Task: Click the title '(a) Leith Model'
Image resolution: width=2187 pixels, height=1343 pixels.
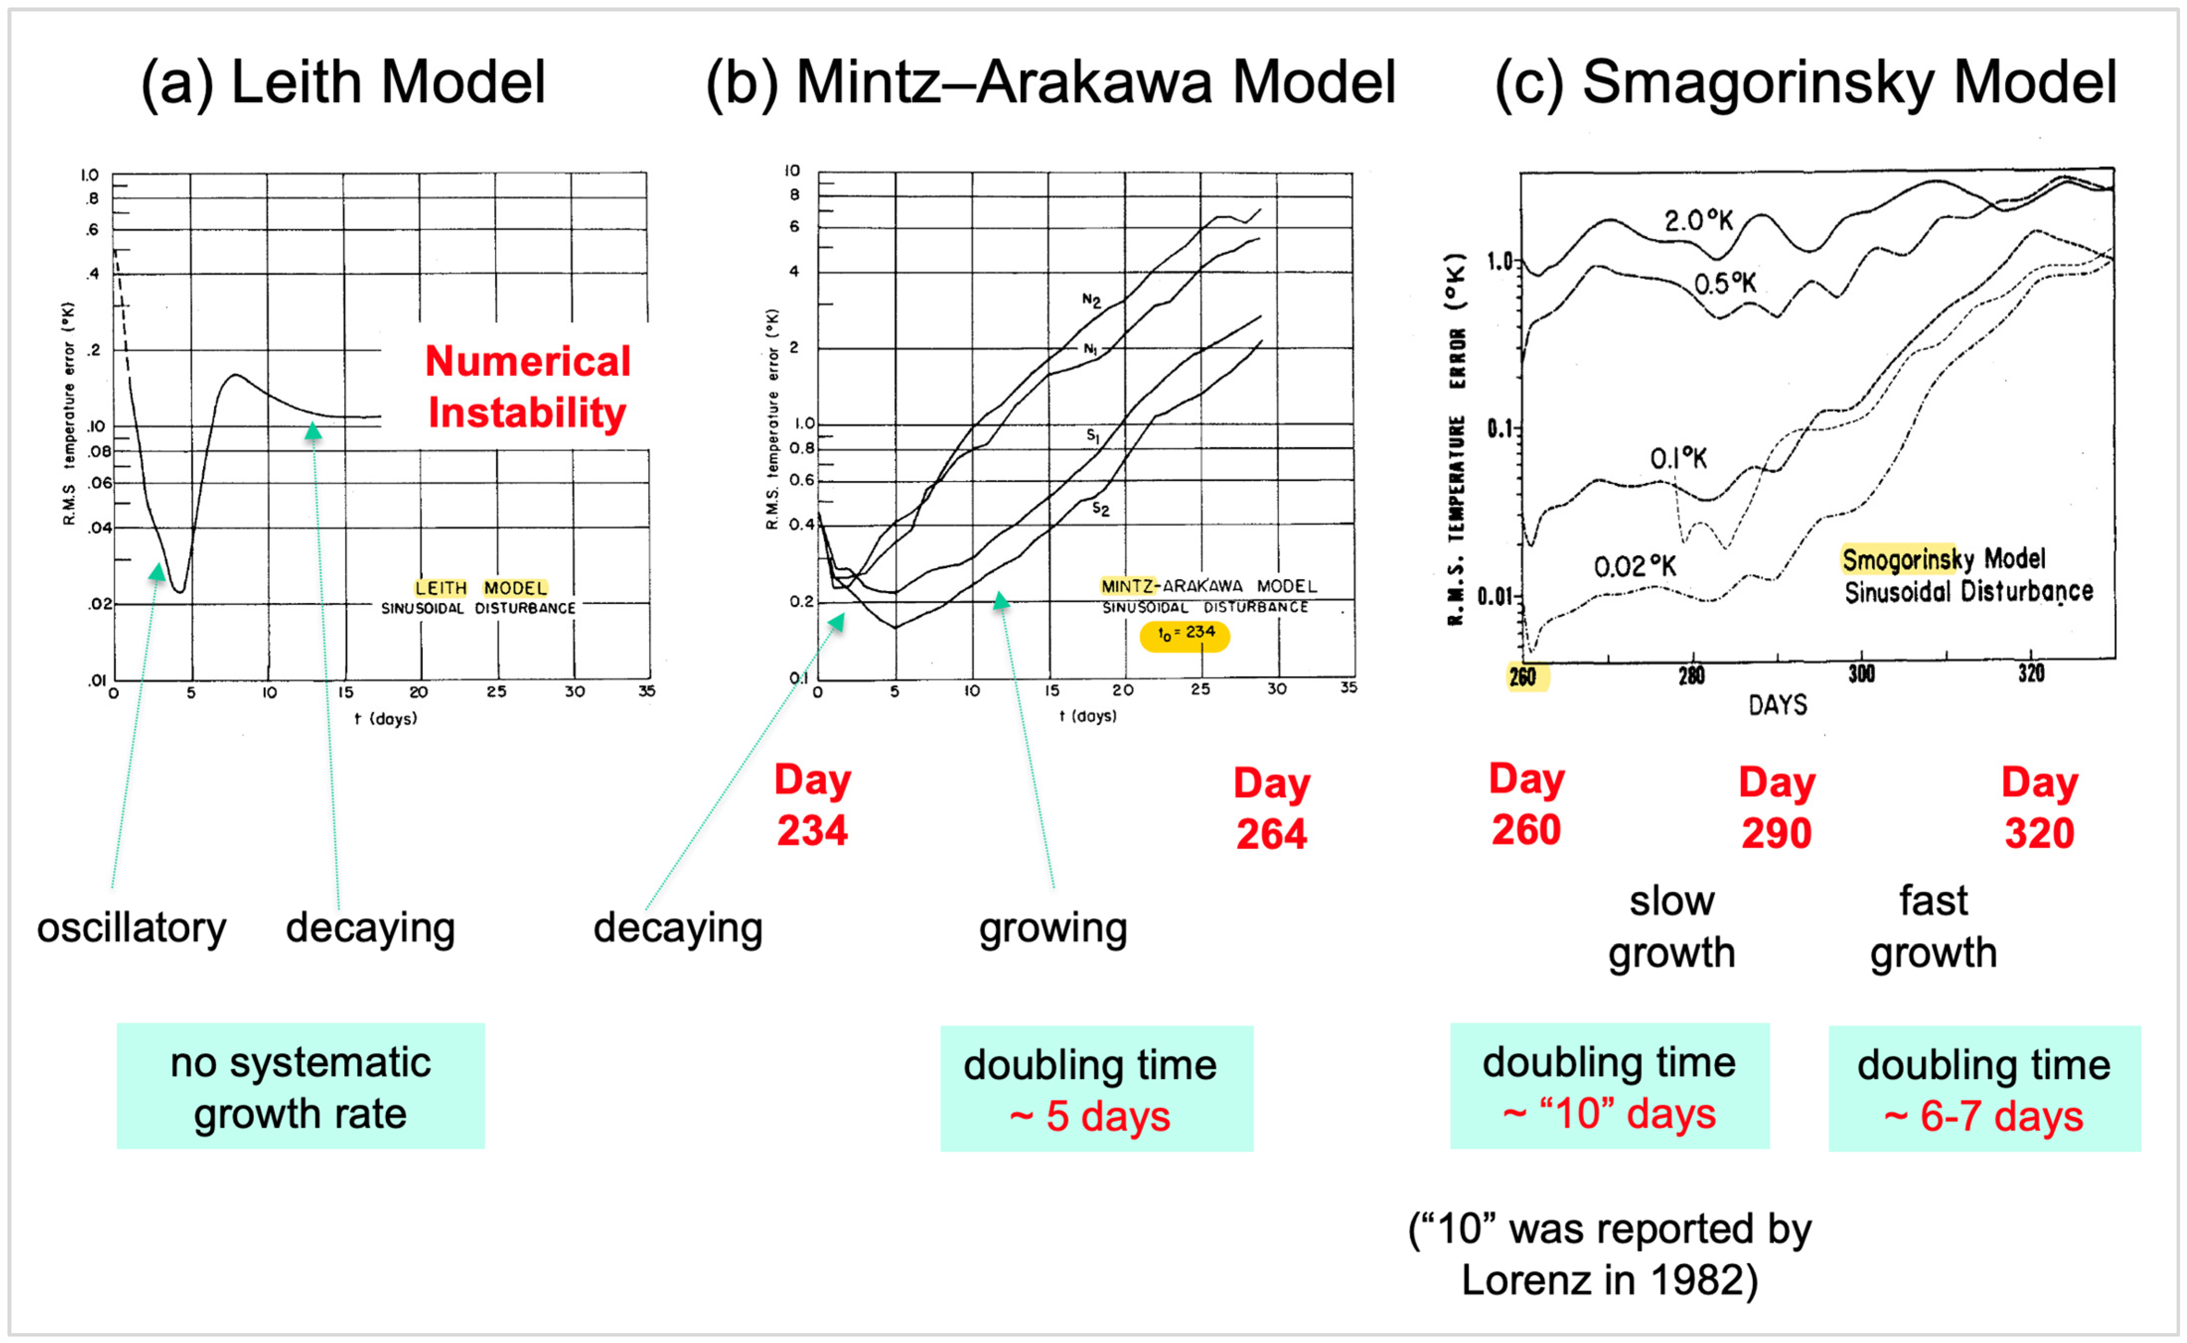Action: (343, 82)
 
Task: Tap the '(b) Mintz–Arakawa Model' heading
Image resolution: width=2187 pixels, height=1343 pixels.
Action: (1050, 82)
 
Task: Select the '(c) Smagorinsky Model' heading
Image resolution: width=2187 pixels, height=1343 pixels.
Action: (1805, 82)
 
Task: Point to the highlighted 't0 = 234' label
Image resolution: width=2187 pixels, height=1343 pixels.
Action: (1184, 634)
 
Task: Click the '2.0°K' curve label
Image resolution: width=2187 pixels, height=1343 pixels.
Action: (1697, 220)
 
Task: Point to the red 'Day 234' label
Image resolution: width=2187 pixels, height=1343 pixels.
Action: (812, 805)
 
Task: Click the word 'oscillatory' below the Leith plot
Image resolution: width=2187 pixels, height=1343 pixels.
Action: (132, 928)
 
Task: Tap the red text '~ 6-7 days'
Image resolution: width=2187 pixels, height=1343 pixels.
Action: (1983, 1117)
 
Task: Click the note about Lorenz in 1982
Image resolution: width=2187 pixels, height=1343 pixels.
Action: (1609, 1254)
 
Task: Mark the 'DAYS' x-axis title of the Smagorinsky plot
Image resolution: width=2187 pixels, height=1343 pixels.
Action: (1777, 705)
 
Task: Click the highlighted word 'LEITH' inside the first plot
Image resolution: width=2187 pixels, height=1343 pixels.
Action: (441, 588)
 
